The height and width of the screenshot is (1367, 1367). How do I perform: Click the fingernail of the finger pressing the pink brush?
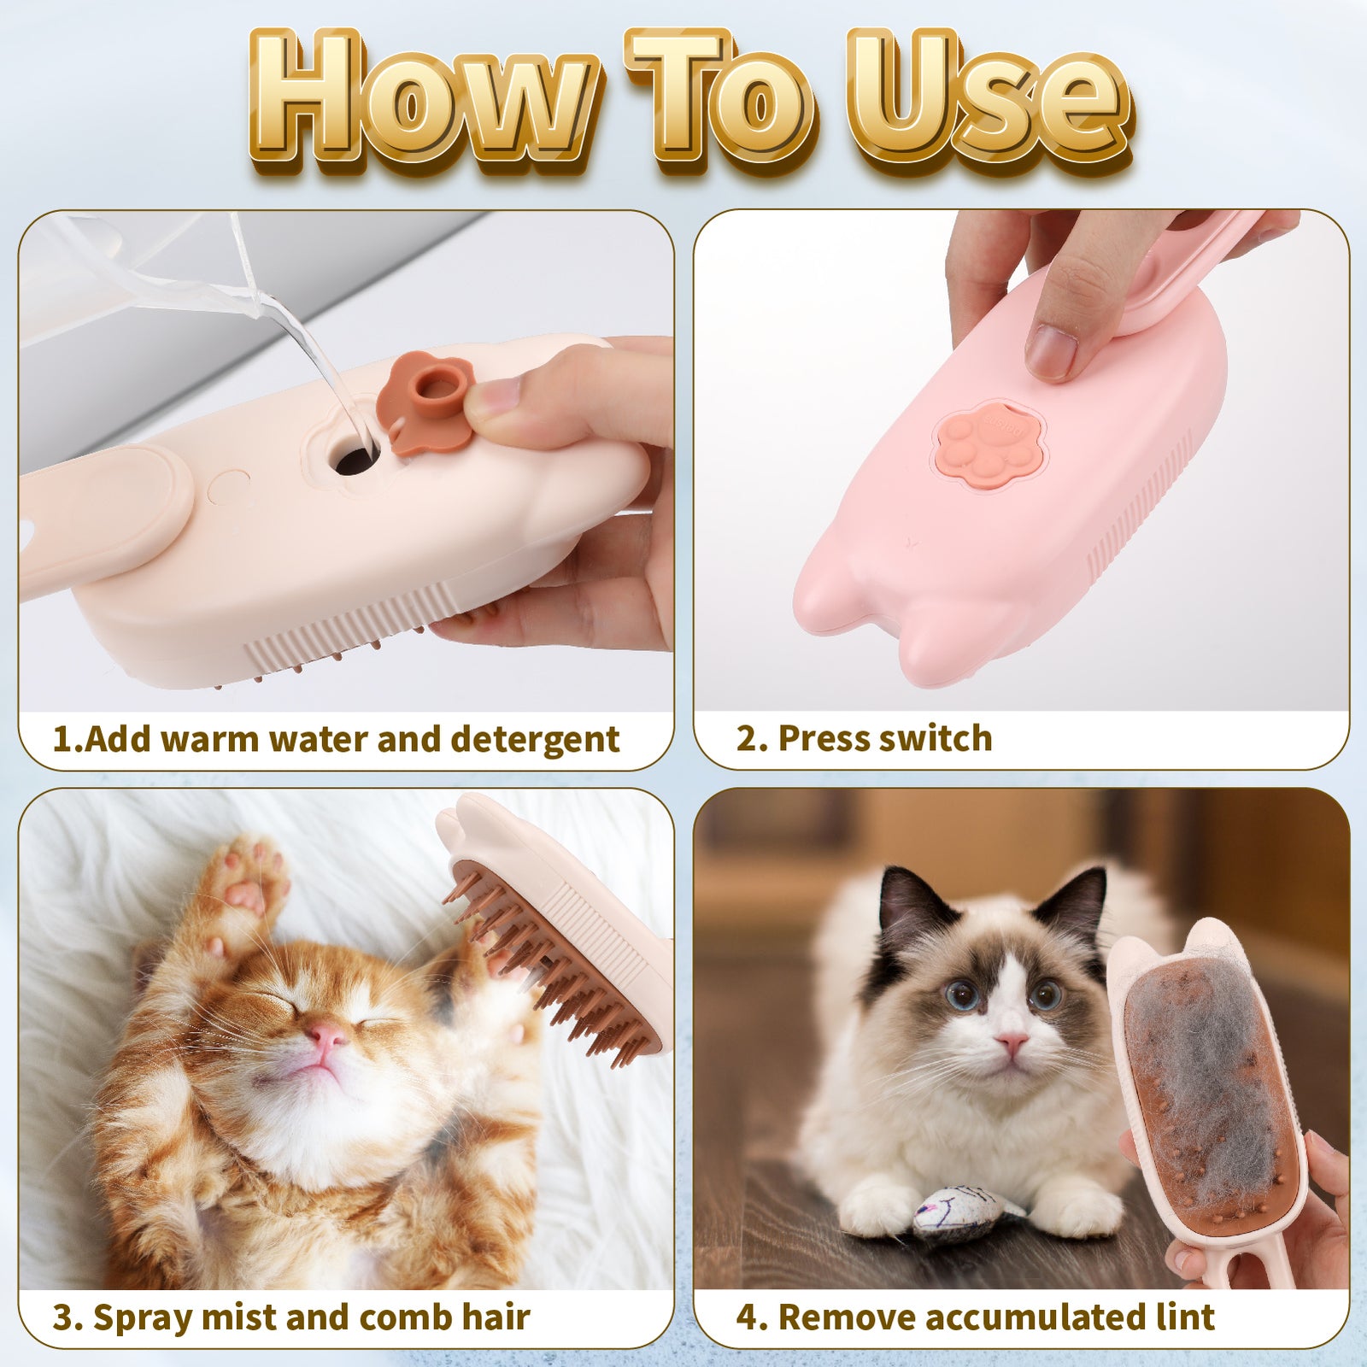click(1051, 350)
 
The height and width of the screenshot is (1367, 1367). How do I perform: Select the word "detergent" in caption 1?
click(535, 739)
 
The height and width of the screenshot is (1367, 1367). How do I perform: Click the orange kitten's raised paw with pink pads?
click(248, 880)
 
